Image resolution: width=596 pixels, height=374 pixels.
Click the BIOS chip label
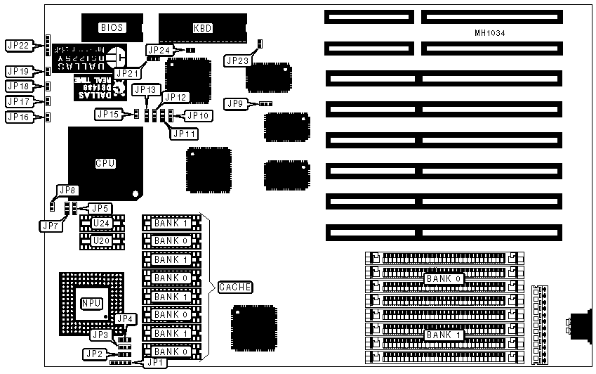coord(112,28)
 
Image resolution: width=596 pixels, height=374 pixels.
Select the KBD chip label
coord(202,29)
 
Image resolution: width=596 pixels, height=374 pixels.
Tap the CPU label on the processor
coord(105,163)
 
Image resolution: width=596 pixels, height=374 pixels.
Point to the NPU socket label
coord(91,303)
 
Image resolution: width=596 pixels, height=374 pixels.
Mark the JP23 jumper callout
coord(237,61)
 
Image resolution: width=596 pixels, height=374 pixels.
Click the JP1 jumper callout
coord(152,363)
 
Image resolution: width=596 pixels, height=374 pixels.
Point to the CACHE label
coord(235,287)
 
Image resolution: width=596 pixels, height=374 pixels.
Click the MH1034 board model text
coord(489,34)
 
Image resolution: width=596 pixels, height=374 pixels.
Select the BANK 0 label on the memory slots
coord(442,279)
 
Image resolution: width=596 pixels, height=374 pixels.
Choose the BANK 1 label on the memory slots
coord(442,335)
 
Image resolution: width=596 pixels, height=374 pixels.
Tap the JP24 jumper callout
coord(158,51)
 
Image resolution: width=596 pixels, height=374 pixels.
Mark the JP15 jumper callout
coord(107,113)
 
